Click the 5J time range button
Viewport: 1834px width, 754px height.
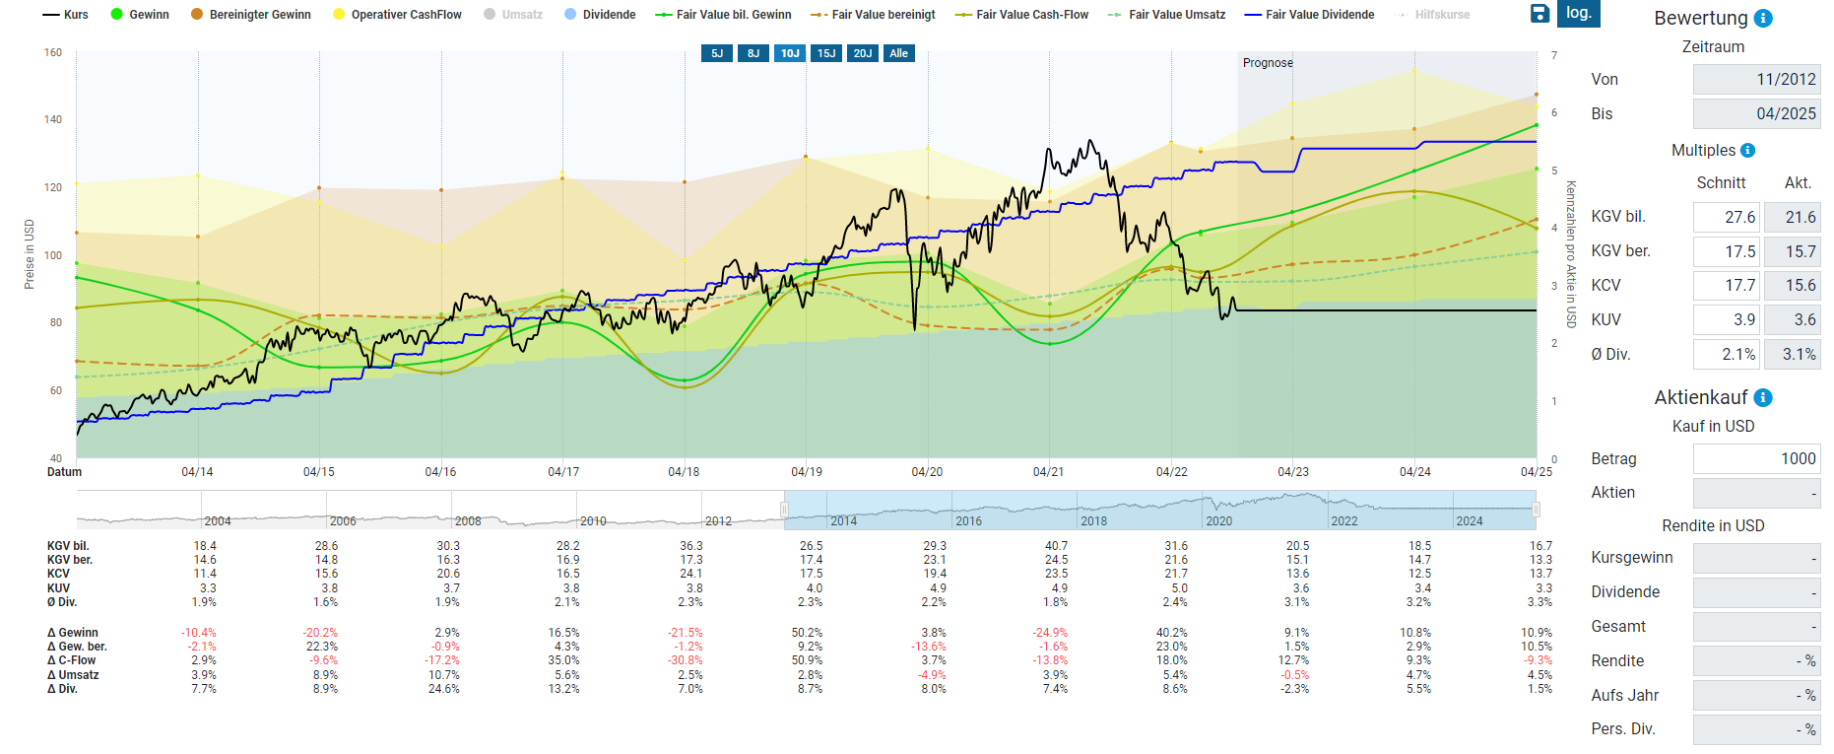pyautogui.click(x=717, y=53)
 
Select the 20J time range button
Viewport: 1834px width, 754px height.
pyautogui.click(x=863, y=53)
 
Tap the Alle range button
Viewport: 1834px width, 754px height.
pyautogui.click(x=899, y=53)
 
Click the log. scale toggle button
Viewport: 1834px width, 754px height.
pyautogui.click(x=1579, y=13)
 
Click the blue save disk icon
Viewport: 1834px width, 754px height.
pyautogui.click(x=1539, y=13)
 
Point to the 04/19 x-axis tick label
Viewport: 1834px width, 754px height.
pyautogui.click(x=807, y=472)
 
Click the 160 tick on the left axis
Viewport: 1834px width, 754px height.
pyautogui.click(x=53, y=52)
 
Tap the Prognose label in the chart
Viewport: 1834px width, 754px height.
pyautogui.click(x=1268, y=63)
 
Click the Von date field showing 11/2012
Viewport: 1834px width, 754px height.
pyautogui.click(x=1756, y=80)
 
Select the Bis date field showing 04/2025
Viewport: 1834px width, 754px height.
pyautogui.click(x=1756, y=114)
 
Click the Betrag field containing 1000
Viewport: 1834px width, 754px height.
pyautogui.click(x=1756, y=459)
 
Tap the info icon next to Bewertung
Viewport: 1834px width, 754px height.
pyautogui.click(x=1764, y=18)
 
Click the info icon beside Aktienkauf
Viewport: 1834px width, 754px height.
pyautogui.click(x=1763, y=397)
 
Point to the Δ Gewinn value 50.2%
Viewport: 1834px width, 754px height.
pyautogui.click(x=807, y=633)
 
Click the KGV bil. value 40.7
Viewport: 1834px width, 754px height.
pyautogui.click(x=1056, y=546)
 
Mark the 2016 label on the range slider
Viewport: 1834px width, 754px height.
pyautogui.click(x=968, y=520)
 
